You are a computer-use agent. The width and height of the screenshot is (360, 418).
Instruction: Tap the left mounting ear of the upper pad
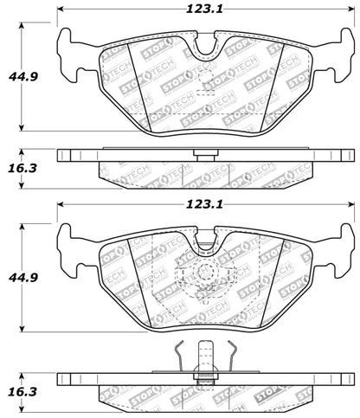tap(69, 48)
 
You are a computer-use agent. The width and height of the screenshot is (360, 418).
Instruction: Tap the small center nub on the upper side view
tap(205, 157)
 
